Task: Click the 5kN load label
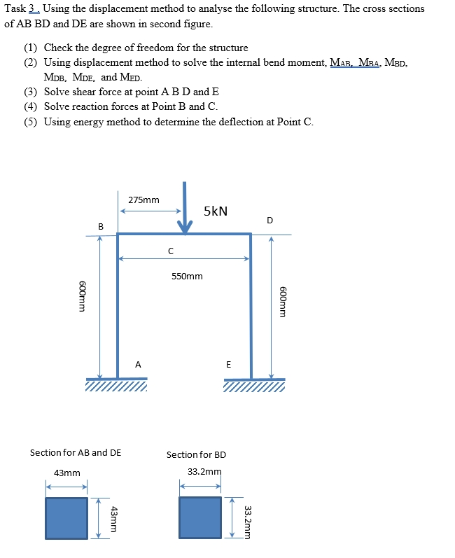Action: pos(216,211)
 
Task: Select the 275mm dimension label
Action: pos(143,200)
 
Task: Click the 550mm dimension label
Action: pos(187,276)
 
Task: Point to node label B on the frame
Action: pos(100,226)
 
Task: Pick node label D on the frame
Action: pos(270,221)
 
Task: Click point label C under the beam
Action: pos(170,250)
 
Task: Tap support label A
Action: pos(138,364)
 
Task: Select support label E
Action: pos(228,364)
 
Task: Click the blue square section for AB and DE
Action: pos(66,517)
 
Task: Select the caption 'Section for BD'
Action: pos(196,454)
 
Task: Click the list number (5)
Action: pos(30,122)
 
